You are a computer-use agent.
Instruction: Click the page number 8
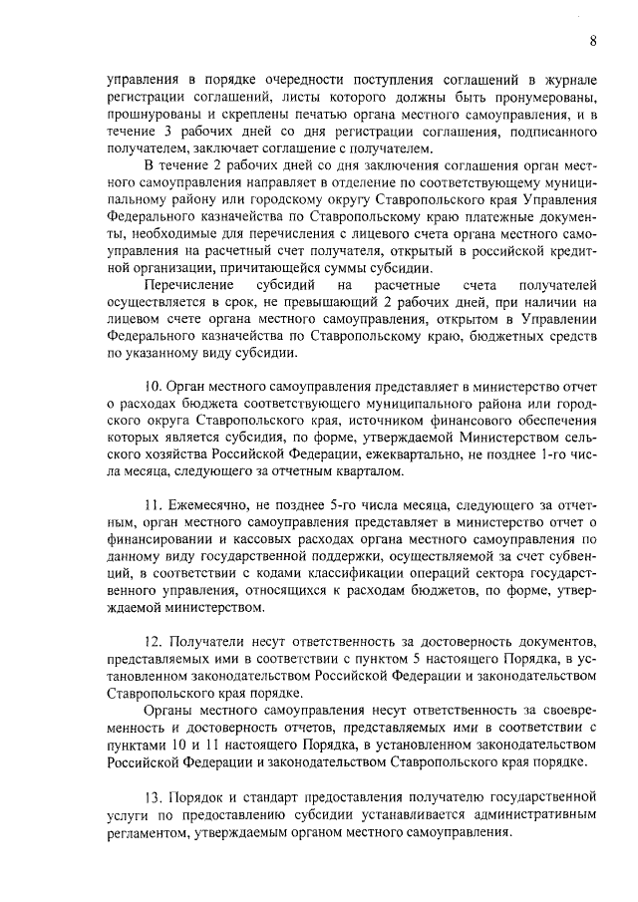point(592,41)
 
